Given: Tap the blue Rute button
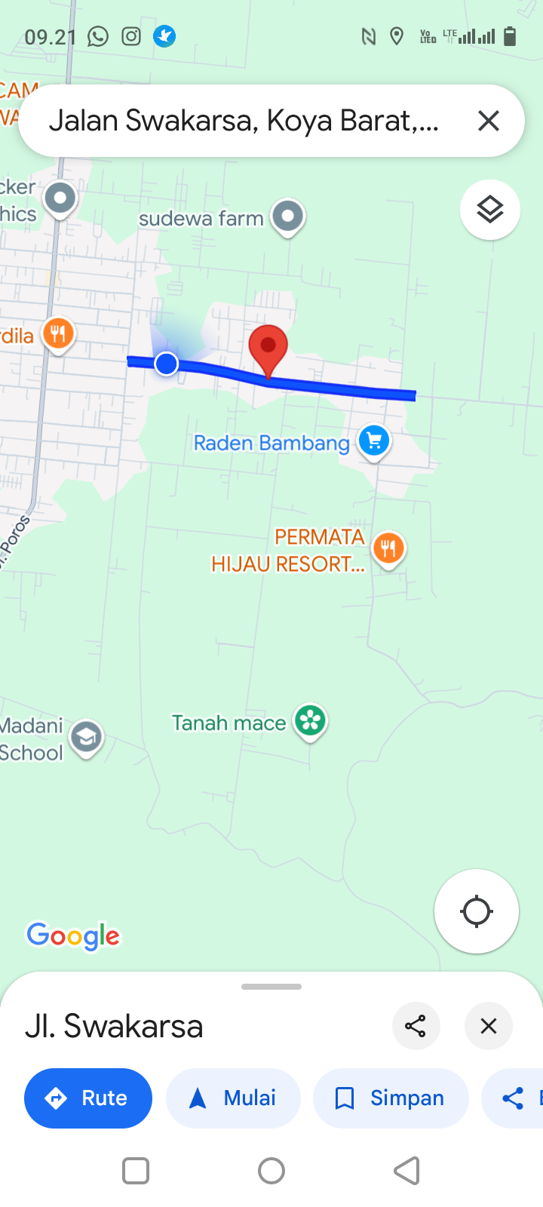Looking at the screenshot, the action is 88,1098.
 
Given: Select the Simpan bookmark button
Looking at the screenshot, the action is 391,1098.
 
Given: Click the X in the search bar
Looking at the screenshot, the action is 489,121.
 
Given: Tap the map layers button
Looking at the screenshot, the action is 490,210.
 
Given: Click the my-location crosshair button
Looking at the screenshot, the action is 477,911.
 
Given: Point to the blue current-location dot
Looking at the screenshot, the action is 166,364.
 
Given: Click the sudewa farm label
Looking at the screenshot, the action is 201,219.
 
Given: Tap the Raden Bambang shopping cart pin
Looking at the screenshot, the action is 374,441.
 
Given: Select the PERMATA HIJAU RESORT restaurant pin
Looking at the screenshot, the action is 388,548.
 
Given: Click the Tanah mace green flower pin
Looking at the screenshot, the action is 310,721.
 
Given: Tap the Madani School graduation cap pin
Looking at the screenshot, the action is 87,737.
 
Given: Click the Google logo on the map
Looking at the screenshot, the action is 73,936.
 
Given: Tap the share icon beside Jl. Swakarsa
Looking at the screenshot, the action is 416,1026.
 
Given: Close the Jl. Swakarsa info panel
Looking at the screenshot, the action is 489,1026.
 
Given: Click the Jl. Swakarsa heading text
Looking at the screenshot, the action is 115,1026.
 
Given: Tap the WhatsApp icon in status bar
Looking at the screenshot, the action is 98,36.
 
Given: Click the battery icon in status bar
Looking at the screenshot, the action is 510,36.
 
